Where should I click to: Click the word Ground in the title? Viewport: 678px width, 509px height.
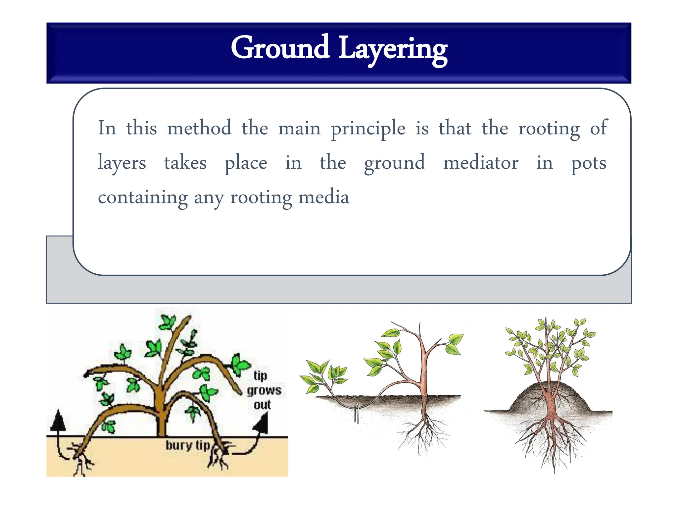pyautogui.click(x=280, y=48)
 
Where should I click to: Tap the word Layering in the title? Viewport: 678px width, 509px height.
pyautogui.click(x=393, y=50)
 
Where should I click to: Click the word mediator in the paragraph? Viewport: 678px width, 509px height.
pyautogui.click(x=481, y=163)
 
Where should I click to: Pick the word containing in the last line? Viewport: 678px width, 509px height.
pyautogui.click(x=143, y=198)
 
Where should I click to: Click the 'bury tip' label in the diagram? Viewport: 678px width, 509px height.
pyautogui.click(x=188, y=445)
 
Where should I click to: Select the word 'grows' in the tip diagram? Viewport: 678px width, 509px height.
pyautogui.click(x=264, y=391)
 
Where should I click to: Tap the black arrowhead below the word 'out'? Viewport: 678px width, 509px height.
pyautogui.click(x=262, y=424)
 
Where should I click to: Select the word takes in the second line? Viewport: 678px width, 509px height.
pyautogui.click(x=185, y=163)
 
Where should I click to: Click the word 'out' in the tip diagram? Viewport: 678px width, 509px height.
pyautogui.click(x=262, y=405)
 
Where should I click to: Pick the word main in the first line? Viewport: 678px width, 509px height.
pyautogui.click(x=299, y=129)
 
